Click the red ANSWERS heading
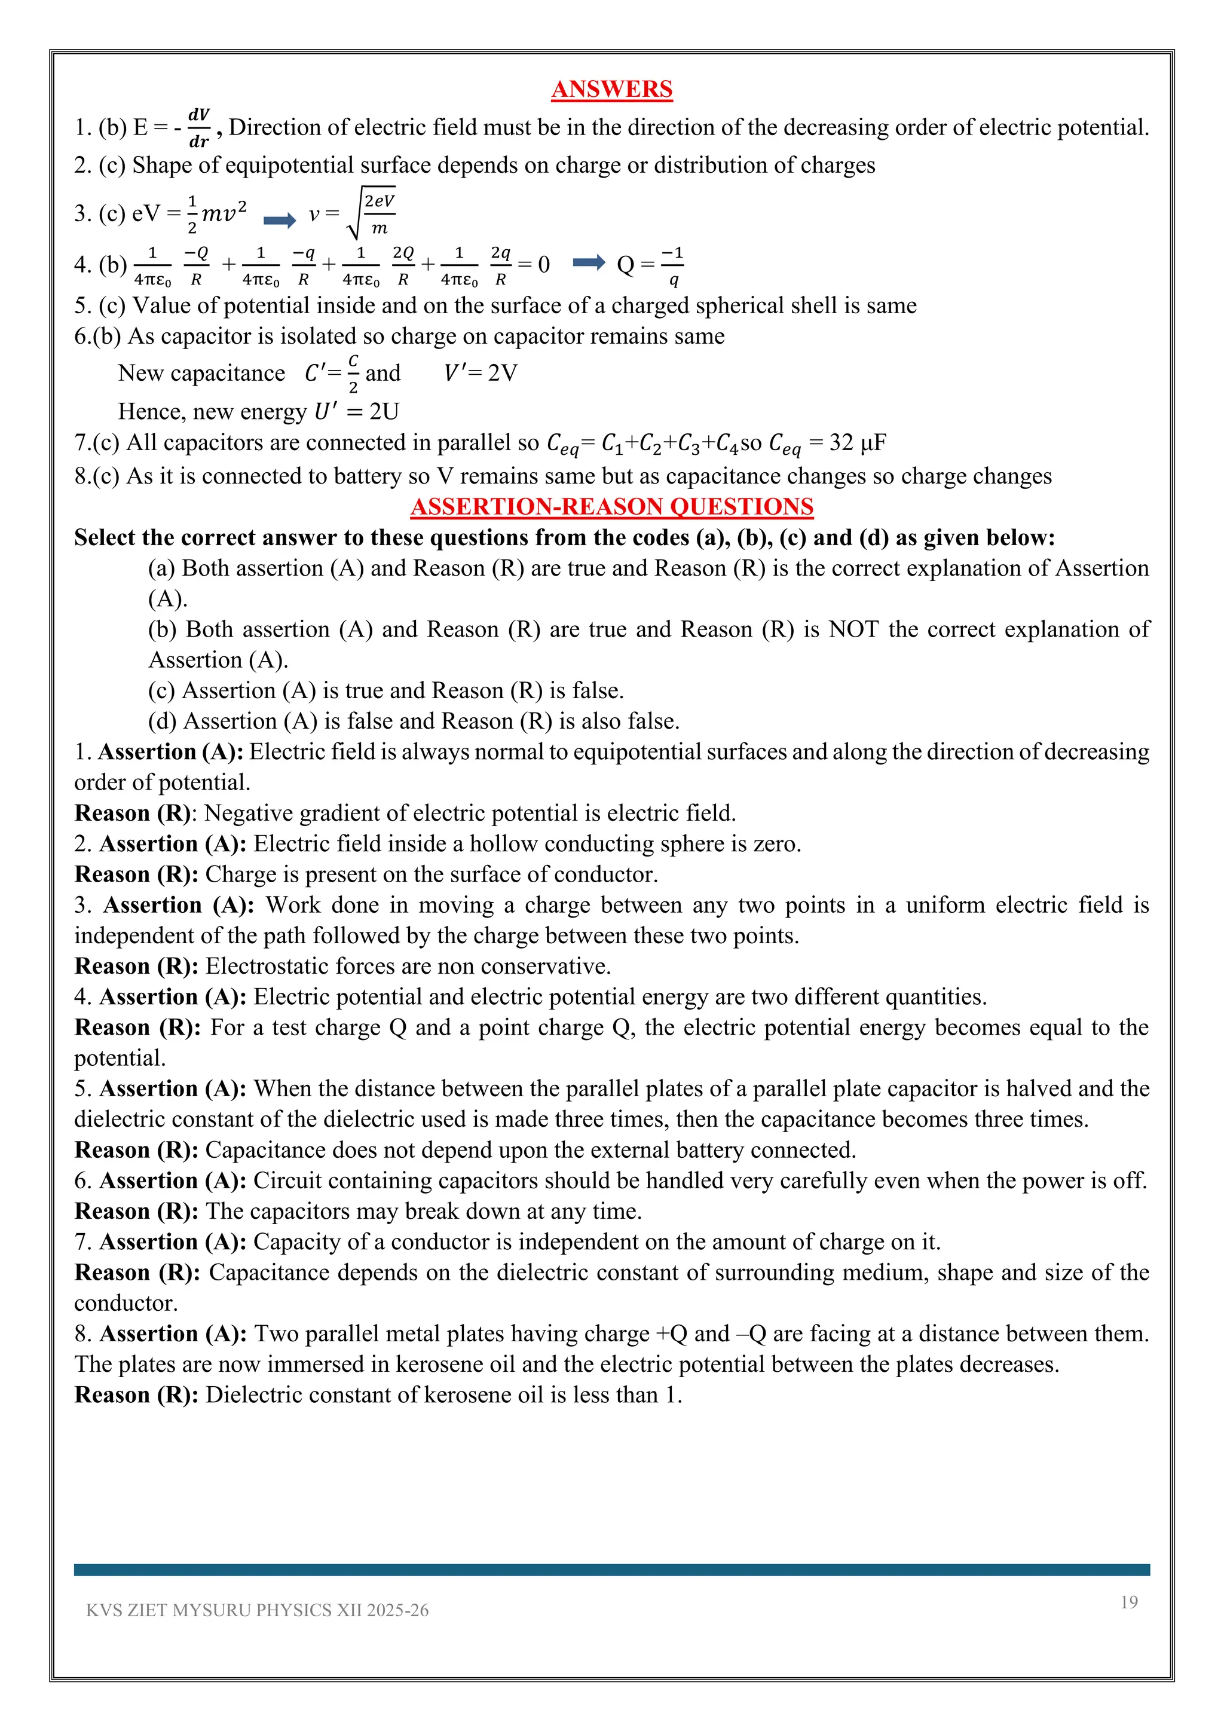click(611, 89)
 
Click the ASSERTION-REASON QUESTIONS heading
click(611, 507)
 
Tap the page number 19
click(1128, 1602)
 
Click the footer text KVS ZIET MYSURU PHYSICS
click(256, 1610)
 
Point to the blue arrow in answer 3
click(280, 220)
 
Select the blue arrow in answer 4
click(589, 262)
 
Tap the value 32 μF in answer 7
click(857, 442)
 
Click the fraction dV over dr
click(199, 127)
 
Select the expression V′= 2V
click(480, 373)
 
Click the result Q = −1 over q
click(650, 265)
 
